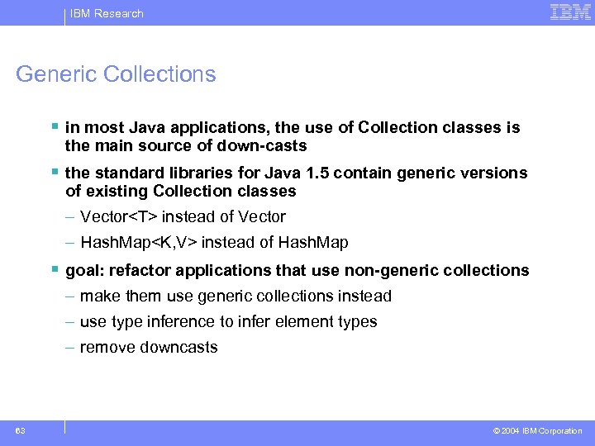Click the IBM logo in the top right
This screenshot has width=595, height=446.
[570, 12]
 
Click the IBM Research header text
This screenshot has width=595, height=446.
[107, 13]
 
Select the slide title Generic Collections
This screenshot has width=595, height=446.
[116, 74]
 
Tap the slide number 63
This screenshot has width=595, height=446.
[20, 430]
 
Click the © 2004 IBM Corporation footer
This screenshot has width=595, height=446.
[537, 431]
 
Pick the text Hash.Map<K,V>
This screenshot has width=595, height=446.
[139, 243]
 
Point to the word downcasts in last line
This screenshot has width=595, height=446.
[178, 347]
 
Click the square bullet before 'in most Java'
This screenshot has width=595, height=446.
[54, 126]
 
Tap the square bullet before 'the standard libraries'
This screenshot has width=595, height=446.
[54, 172]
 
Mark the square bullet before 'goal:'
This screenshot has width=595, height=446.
[54, 269]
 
